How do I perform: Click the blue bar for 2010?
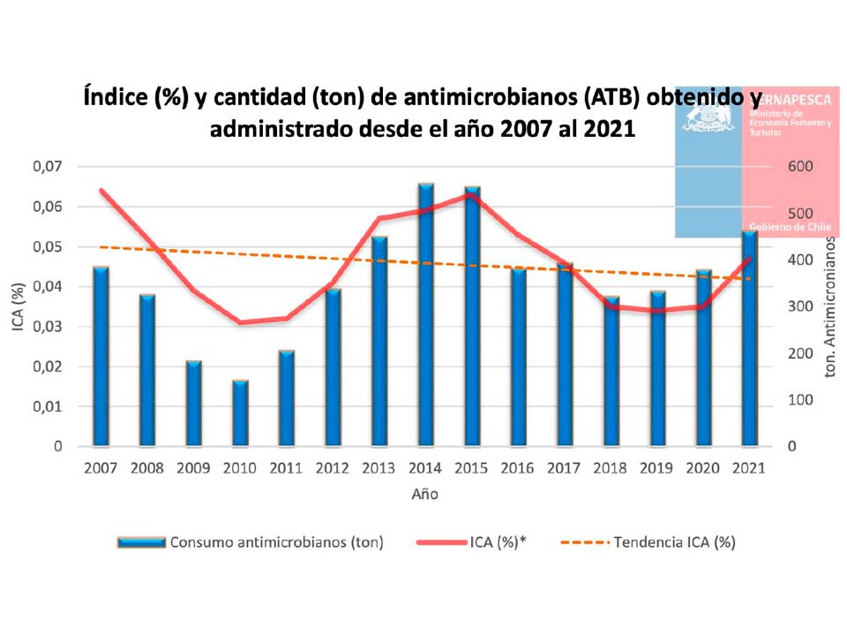[240, 413]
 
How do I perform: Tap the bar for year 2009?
[194, 403]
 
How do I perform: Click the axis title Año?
[424, 494]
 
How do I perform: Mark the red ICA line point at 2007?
[101, 190]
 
